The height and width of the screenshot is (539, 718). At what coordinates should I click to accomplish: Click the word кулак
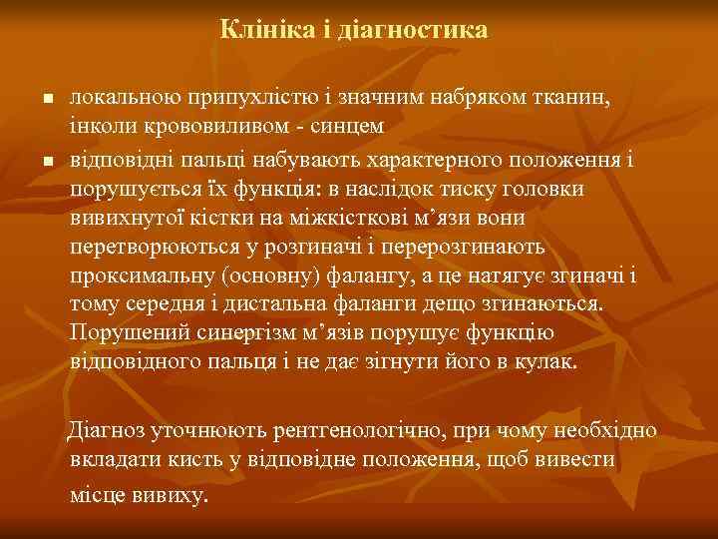click(549, 360)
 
